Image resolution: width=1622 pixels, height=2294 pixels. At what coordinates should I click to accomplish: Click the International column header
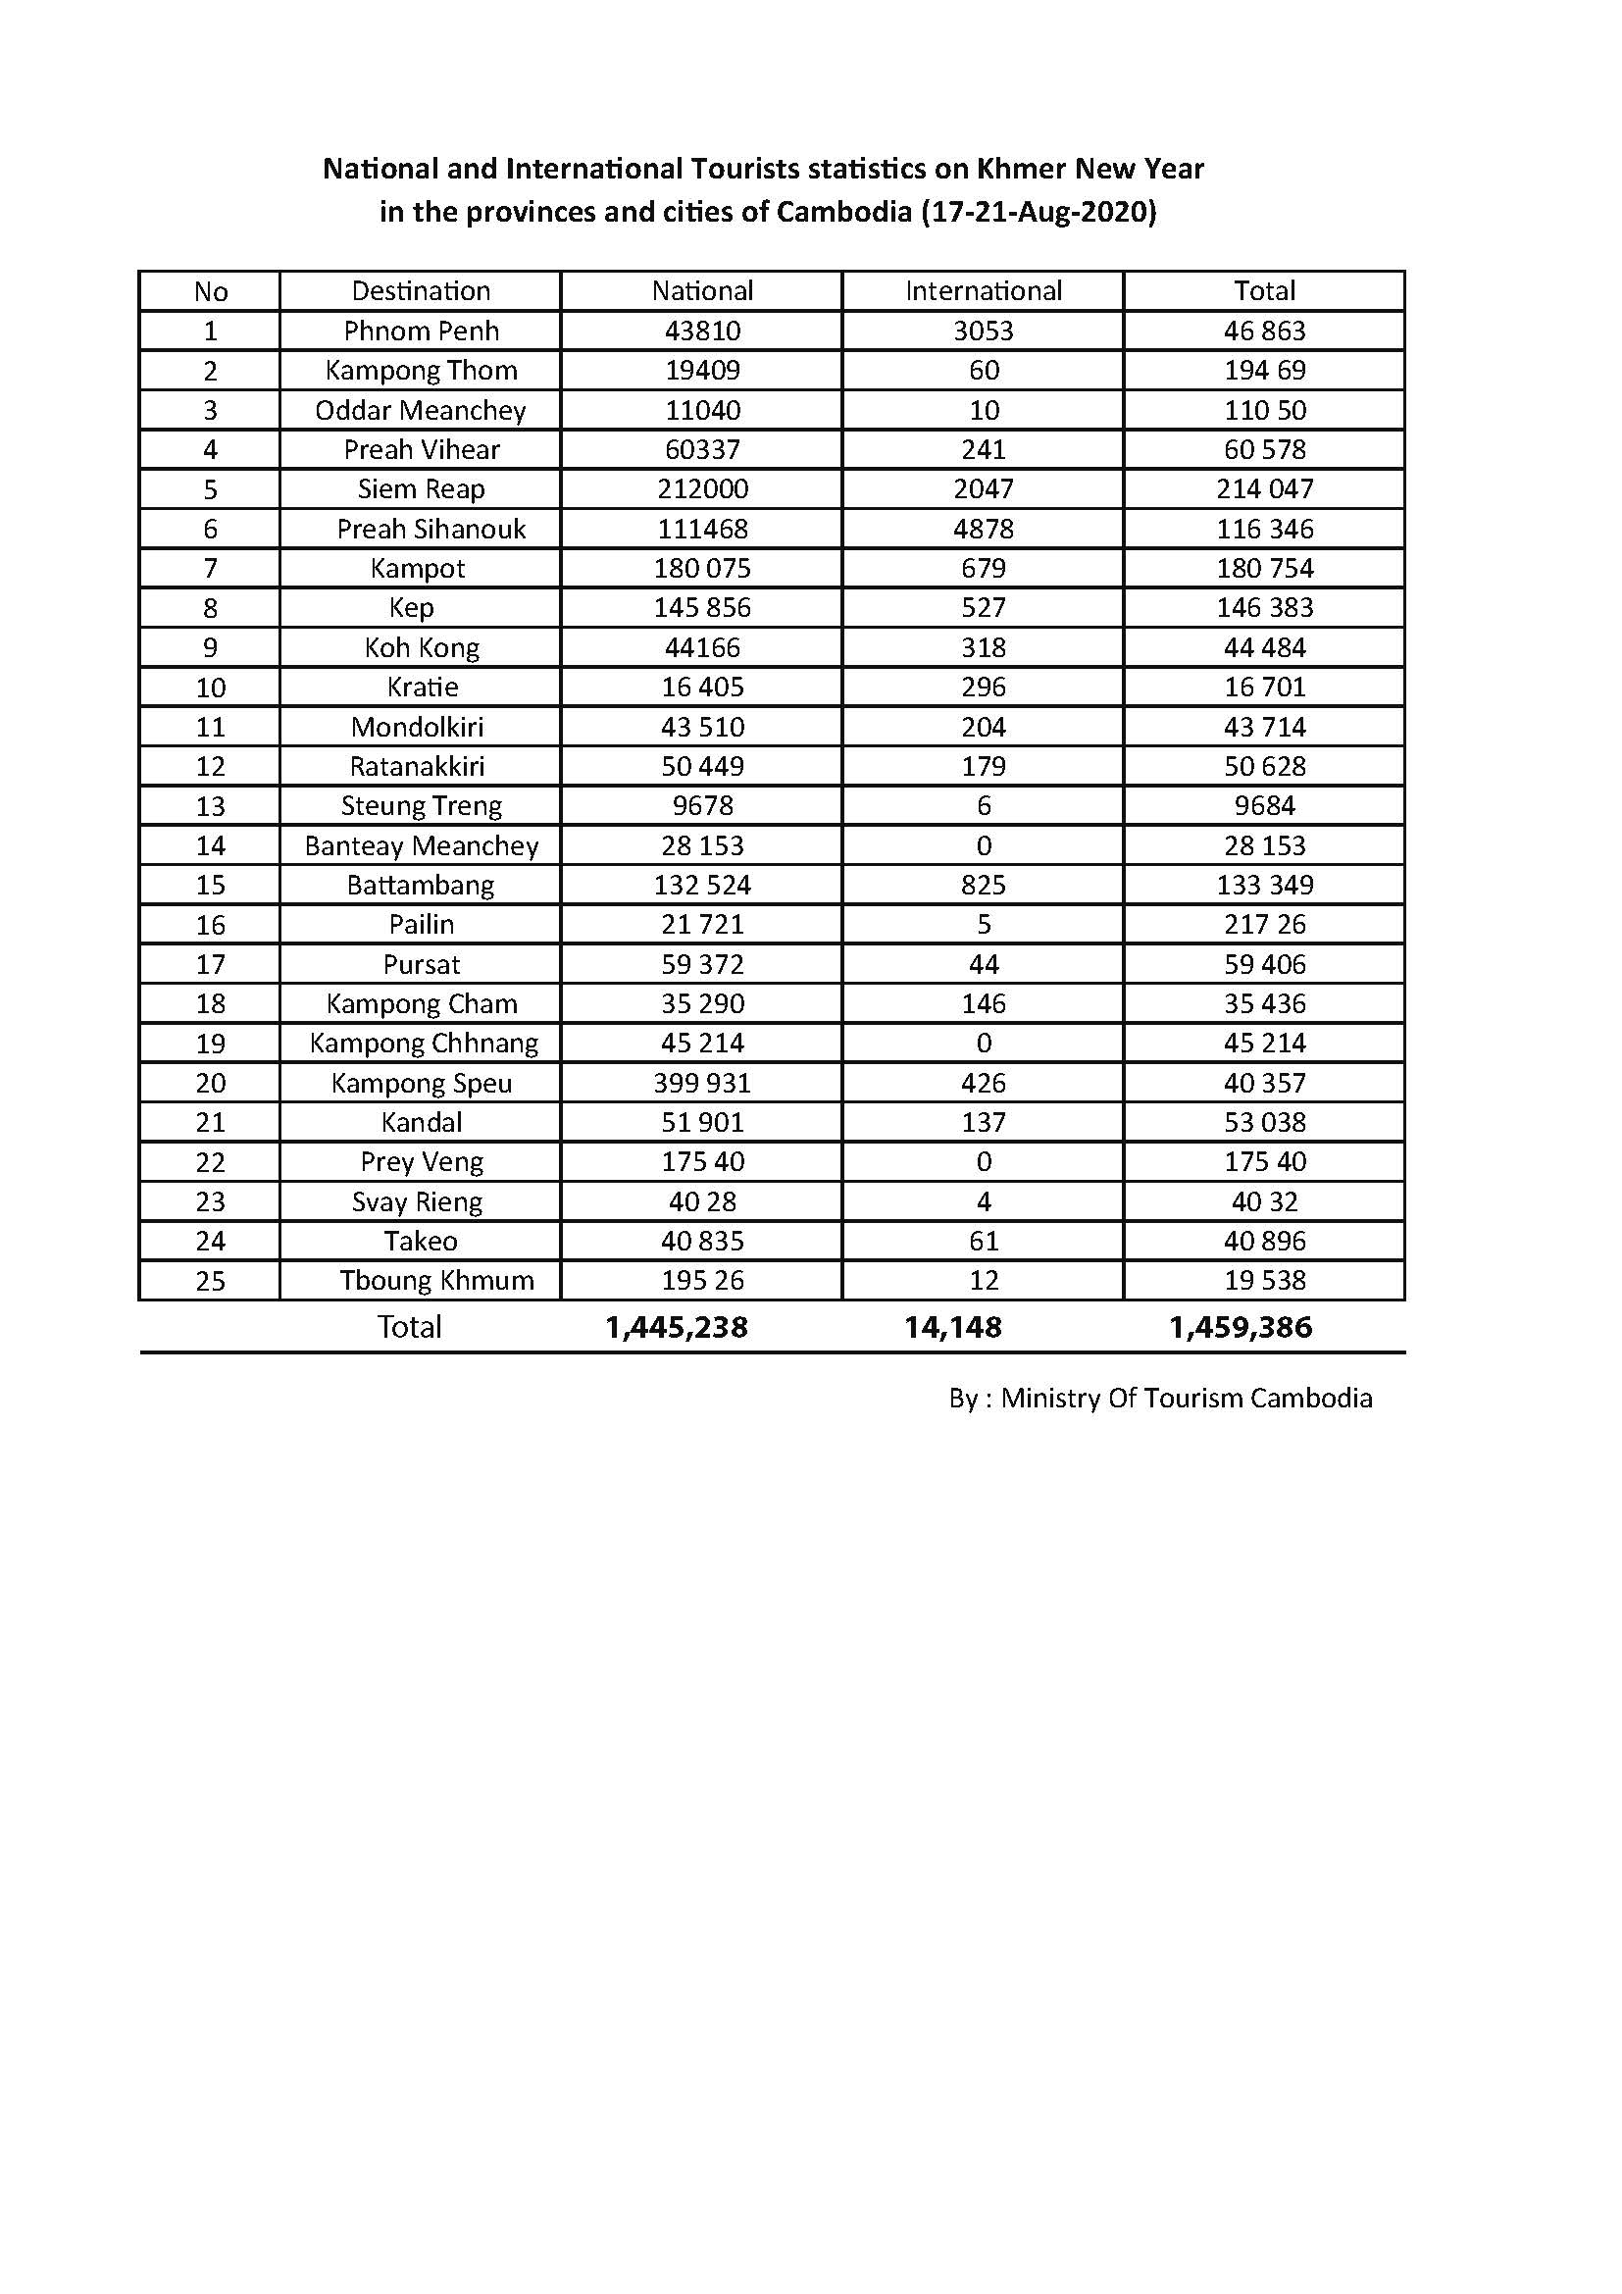pos(983,290)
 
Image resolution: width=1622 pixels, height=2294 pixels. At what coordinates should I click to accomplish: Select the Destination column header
pos(421,290)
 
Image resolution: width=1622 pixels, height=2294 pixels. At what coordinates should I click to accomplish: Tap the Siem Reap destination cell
pos(421,488)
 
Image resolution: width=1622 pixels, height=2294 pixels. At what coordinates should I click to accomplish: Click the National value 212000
pos(702,488)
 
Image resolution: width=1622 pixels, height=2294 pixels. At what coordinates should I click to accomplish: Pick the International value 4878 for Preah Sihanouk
pos(983,529)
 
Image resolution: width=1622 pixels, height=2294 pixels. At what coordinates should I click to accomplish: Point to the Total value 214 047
pos(1264,488)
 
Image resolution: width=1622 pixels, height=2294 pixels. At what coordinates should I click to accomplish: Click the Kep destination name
pos(412,607)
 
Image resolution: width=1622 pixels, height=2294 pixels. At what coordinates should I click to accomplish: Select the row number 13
pos(210,805)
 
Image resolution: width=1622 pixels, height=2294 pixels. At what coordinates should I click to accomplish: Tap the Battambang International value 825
pos(983,885)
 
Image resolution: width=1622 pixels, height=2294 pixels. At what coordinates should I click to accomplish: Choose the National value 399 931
pos(702,1083)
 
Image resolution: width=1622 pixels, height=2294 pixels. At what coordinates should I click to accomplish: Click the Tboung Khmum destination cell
pos(436,1280)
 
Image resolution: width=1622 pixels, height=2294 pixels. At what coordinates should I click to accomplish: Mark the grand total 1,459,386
pos(1241,1327)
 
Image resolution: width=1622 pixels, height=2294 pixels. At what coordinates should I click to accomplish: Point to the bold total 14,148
pos(953,1327)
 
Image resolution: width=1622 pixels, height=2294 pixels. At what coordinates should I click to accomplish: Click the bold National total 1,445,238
pos(677,1327)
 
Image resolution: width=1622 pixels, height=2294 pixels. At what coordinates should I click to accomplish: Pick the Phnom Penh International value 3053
pos(983,331)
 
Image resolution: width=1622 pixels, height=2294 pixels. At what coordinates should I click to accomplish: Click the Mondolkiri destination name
pos(418,727)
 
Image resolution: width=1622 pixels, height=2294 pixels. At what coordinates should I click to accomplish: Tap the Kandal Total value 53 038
pos(1264,1122)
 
